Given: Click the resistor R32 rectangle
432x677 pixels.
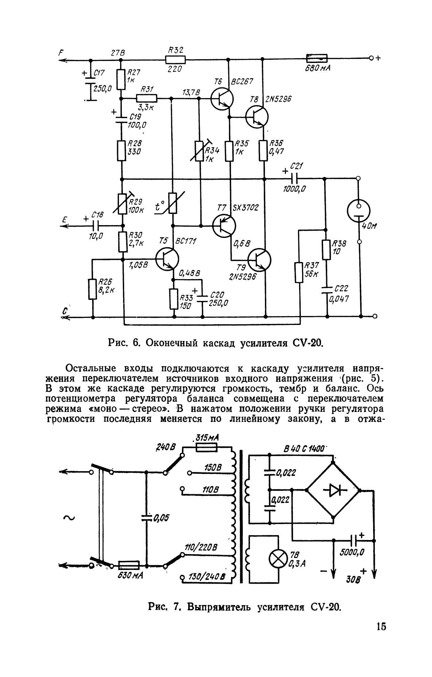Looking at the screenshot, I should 176,60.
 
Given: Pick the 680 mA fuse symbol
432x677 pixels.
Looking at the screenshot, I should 316,58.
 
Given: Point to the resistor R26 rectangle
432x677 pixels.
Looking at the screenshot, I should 92,289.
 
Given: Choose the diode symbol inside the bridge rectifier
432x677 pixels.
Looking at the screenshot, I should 333,490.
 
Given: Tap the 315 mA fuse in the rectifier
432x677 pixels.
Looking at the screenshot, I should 206,449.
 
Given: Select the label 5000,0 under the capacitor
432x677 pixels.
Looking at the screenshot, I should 351,552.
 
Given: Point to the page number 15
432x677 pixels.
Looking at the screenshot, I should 381,626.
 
